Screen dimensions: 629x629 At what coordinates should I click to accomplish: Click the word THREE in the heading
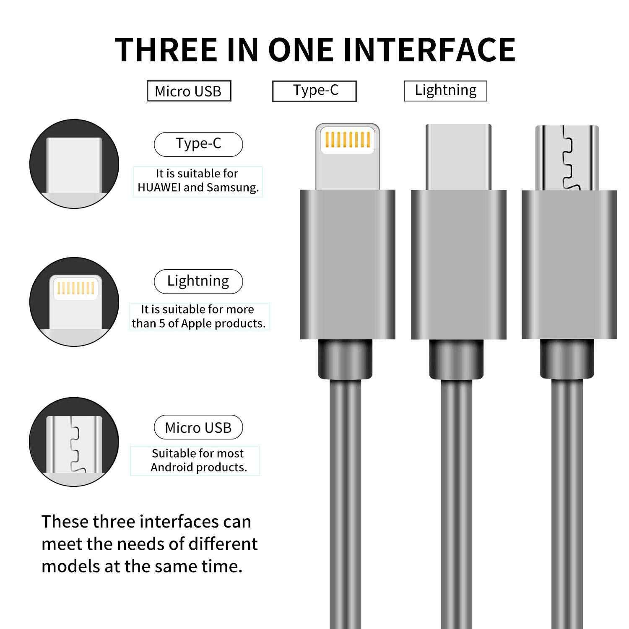coord(166,50)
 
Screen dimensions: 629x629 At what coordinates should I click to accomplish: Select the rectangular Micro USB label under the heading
coord(189,91)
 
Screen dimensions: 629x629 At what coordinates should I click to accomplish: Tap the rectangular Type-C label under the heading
coord(314,91)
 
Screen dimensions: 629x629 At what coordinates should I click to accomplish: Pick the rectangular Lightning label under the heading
coord(445,91)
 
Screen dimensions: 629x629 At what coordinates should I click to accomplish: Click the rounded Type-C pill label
coord(198,144)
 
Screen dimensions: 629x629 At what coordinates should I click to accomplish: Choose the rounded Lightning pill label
coord(198,281)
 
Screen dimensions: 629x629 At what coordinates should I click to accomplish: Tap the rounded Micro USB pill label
coord(198,427)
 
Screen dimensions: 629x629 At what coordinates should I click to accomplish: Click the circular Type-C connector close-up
coord(74,164)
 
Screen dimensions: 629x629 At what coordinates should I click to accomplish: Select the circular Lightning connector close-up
coord(74,302)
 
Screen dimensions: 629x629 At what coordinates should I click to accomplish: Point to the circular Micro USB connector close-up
coord(74,442)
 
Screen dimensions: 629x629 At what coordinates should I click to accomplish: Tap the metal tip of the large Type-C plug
coord(458,157)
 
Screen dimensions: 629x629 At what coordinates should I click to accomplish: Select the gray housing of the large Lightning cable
coord(348,265)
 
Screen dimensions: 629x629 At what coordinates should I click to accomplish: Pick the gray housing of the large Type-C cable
coord(459,265)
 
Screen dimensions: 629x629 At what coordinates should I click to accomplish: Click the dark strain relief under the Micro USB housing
coord(567,359)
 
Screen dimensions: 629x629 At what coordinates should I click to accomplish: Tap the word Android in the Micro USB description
coord(173,468)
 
